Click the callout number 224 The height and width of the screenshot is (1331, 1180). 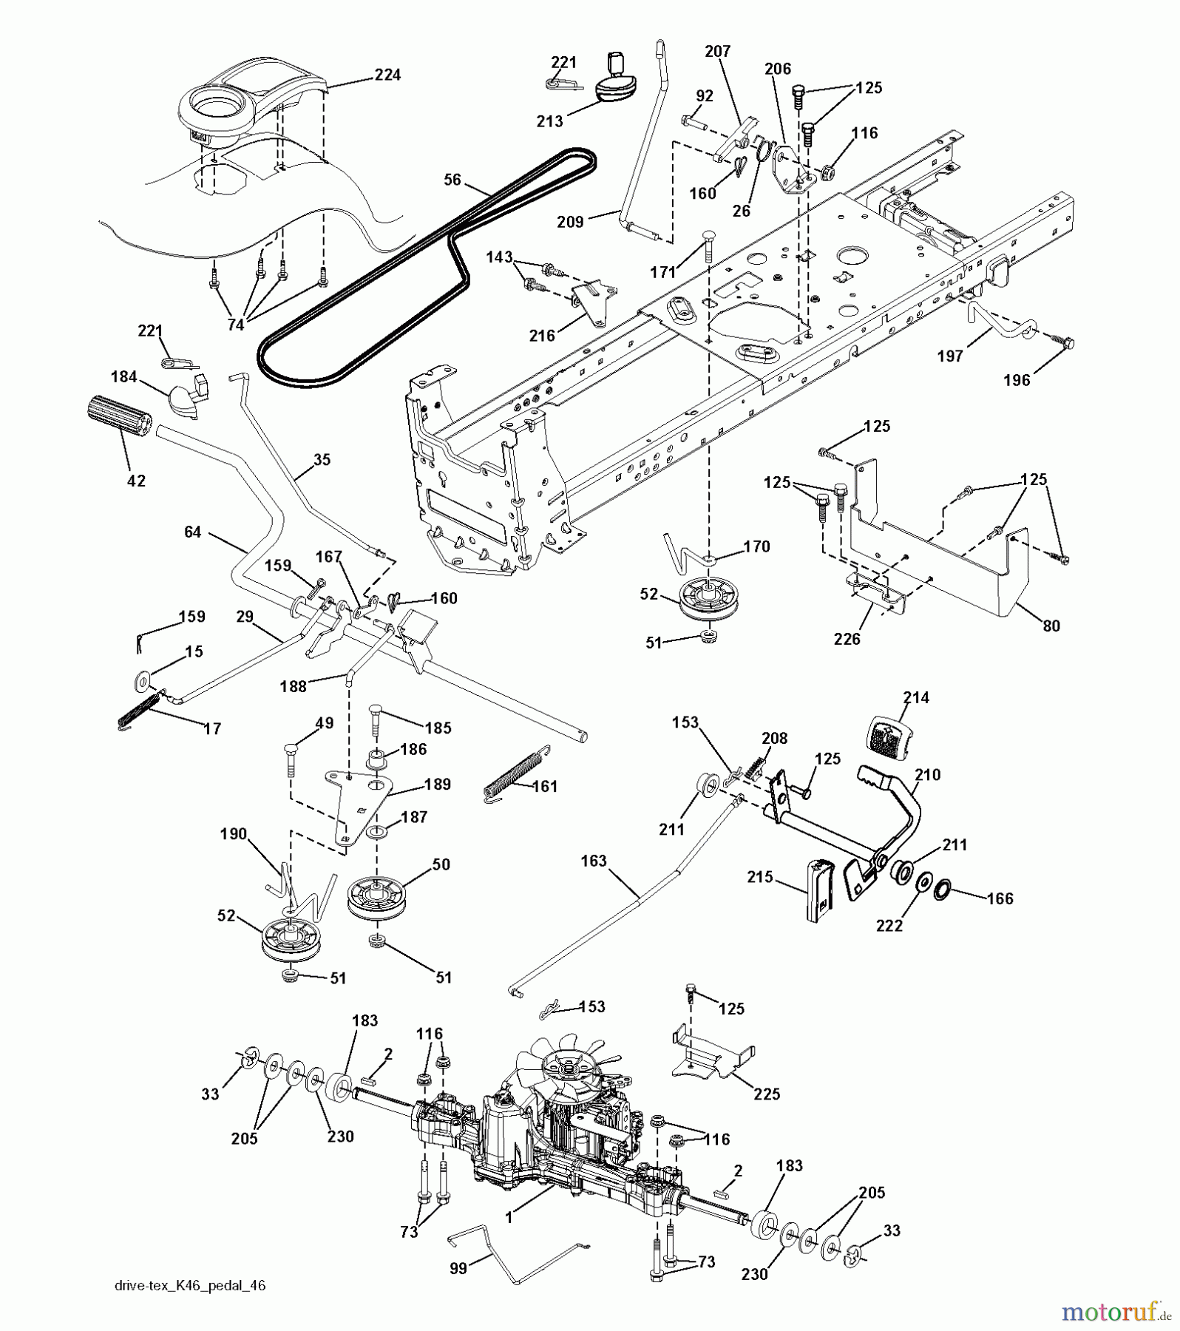(x=387, y=75)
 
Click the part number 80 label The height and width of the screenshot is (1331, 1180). (x=1050, y=626)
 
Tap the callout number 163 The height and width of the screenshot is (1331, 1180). (x=593, y=861)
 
